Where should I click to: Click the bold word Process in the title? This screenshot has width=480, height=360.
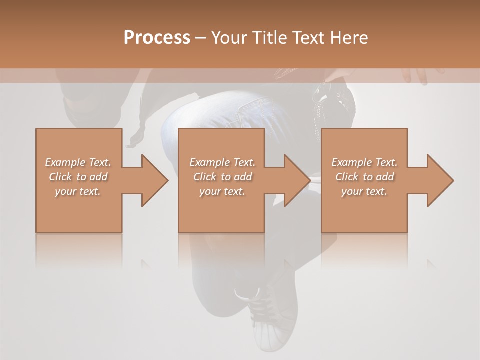(x=157, y=38)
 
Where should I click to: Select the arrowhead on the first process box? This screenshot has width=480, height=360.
(x=154, y=180)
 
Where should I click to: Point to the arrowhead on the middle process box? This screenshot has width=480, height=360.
(x=297, y=180)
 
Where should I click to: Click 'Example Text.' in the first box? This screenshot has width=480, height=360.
(x=78, y=162)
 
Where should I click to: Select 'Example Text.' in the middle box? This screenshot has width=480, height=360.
(x=222, y=162)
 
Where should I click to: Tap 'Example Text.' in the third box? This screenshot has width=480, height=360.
(x=364, y=162)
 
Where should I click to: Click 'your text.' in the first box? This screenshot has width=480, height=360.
(x=78, y=191)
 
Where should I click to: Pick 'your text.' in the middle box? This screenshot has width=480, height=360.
(x=222, y=191)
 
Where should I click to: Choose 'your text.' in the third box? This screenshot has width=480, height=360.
(x=364, y=191)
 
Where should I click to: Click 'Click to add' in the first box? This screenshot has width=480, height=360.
(x=78, y=177)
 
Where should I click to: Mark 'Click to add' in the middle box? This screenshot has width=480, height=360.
(x=222, y=177)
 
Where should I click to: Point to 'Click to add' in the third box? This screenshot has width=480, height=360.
(x=364, y=177)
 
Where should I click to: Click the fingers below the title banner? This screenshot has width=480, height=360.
(x=417, y=75)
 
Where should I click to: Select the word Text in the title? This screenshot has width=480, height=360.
(x=307, y=38)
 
